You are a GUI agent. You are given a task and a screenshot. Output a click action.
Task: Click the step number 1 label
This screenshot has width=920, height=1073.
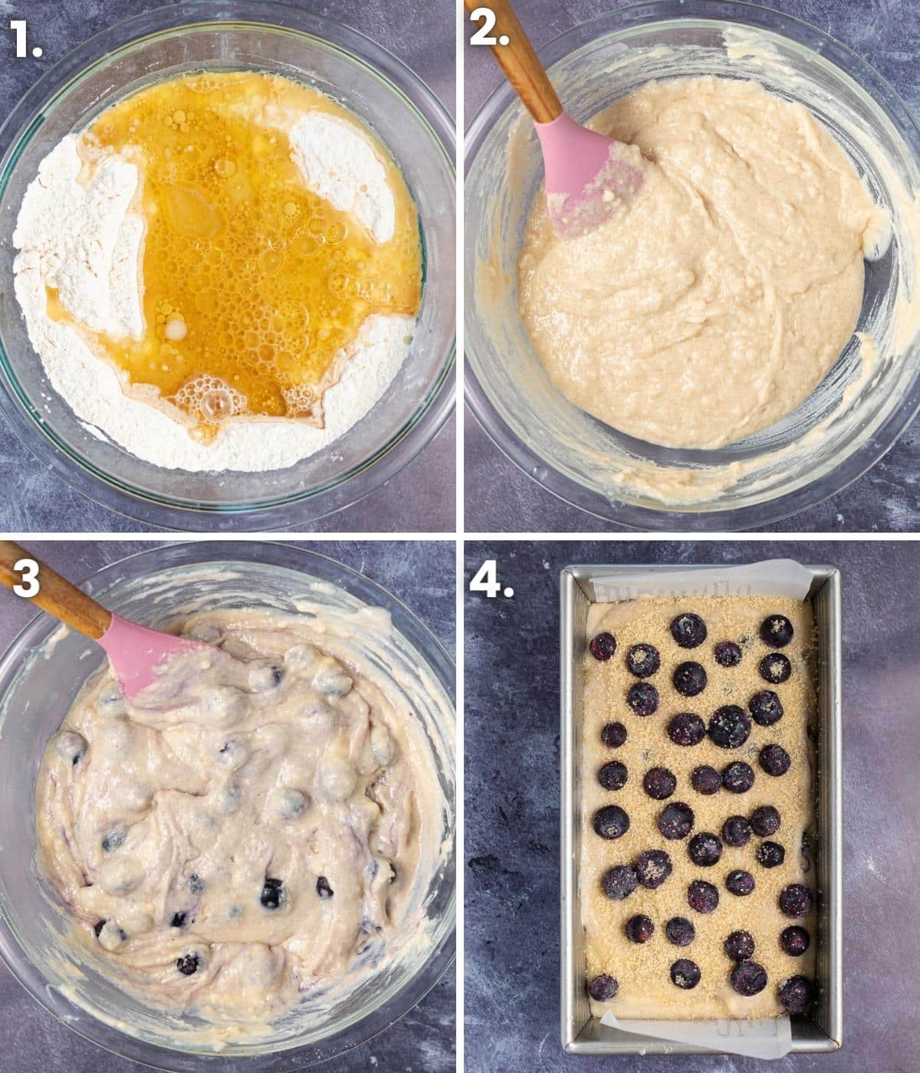pyautogui.click(x=25, y=39)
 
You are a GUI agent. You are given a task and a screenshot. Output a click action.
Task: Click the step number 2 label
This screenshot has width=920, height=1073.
pyautogui.click(x=489, y=29)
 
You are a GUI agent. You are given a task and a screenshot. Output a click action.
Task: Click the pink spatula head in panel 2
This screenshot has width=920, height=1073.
pyautogui.click(x=590, y=174)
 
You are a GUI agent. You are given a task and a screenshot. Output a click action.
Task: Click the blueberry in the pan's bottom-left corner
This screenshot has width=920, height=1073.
pyautogui.click(x=603, y=988)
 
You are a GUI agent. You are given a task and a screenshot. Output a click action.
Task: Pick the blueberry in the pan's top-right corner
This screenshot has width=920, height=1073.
pyautogui.click(x=777, y=631)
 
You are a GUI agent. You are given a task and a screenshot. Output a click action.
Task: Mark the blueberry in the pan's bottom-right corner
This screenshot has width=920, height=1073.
pyautogui.click(x=795, y=995)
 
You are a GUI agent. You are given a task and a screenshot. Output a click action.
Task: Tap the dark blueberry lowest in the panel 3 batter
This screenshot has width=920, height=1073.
pyautogui.click(x=188, y=964)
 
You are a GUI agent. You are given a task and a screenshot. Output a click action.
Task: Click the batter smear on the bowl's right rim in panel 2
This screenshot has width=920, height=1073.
pyautogui.click(x=877, y=234)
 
